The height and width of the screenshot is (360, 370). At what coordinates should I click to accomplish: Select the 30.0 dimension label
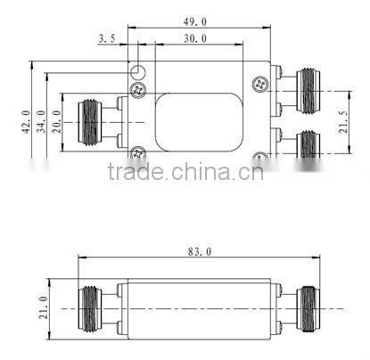pyautogui.click(x=194, y=38)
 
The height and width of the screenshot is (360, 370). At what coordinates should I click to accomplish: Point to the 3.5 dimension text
pyautogui.click(x=107, y=38)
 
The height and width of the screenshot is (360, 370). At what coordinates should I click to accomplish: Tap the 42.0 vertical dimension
pyautogui.click(x=26, y=121)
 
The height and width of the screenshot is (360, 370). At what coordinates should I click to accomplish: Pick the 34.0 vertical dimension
pyautogui.click(x=42, y=121)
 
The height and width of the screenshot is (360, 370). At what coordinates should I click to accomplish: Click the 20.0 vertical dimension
pyautogui.click(x=58, y=119)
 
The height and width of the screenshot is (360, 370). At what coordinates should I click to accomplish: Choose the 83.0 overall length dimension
pyautogui.click(x=200, y=252)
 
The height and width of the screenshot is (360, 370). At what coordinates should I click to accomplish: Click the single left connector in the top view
pyautogui.click(x=93, y=122)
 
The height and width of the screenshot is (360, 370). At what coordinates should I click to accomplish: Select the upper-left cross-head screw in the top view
pyautogui.click(x=138, y=89)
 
